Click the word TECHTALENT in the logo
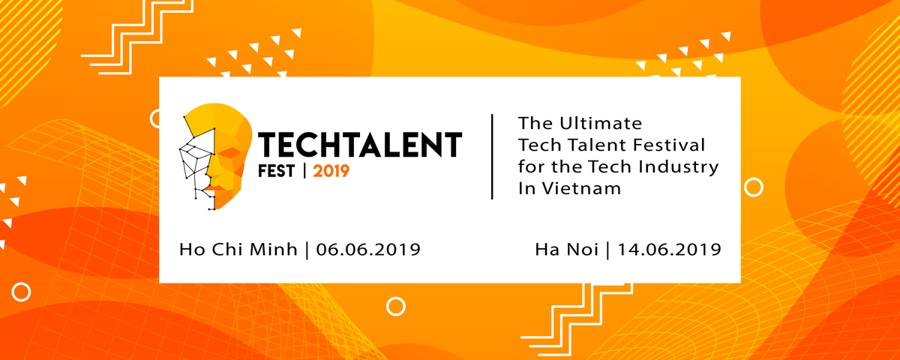tap(359, 145)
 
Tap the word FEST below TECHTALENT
tap(277, 171)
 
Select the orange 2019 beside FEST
tap(331, 171)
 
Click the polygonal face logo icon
tap(215, 157)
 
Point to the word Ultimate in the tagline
tap(601, 123)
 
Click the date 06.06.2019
tap(368, 250)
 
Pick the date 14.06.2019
tap(669, 250)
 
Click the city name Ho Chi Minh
tap(238, 250)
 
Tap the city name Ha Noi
tap(566, 250)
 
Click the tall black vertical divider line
tap(492, 157)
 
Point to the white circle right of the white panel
tap(753, 187)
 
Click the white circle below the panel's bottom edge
tap(396, 306)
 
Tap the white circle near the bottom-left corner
tap(21, 292)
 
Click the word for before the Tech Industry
tap(530, 166)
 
